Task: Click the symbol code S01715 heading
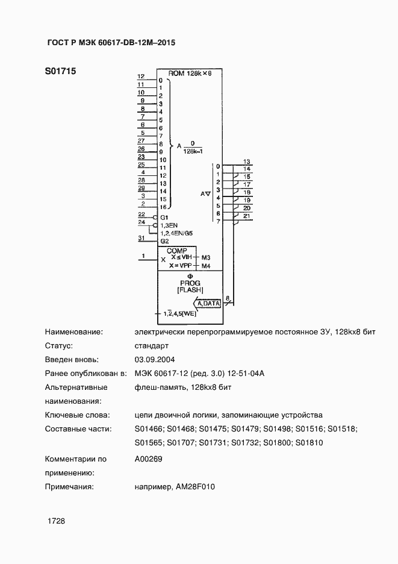60,71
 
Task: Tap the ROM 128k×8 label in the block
190,74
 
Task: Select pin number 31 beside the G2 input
141,238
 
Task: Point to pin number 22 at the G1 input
141,214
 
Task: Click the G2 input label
164,241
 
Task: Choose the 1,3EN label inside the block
169,225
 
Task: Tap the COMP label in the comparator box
177,251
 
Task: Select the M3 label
206,258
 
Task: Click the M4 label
206,266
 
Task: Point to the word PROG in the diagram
190,283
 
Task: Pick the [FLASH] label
190,290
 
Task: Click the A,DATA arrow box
208,304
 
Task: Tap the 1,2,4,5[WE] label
180,313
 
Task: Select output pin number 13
247,161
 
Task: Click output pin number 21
247,216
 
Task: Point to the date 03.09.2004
155,360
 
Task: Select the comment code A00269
148,459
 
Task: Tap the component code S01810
309,443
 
